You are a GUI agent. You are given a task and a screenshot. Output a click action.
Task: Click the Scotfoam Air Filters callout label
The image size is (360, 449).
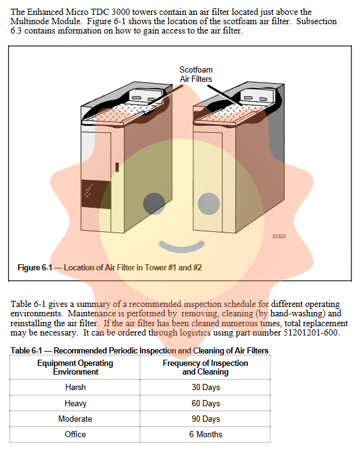tap(196, 74)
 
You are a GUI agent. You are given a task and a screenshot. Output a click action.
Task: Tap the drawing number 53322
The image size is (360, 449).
tap(279, 236)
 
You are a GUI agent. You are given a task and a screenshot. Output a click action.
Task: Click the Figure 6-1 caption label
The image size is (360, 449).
tap(110, 267)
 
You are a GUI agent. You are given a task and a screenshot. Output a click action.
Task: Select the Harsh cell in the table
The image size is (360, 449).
tap(75, 387)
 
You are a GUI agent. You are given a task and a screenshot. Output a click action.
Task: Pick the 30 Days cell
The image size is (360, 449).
tap(206, 387)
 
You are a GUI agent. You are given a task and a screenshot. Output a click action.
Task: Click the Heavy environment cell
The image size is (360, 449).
tap(75, 403)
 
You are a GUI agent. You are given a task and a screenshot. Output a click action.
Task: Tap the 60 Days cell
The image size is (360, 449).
tap(206, 403)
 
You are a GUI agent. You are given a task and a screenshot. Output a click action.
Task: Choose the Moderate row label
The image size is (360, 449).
tap(75, 419)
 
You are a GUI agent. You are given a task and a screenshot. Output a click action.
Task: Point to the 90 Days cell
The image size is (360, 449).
tap(206, 419)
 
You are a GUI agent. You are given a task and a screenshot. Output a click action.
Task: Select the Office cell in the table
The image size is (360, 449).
tap(75, 434)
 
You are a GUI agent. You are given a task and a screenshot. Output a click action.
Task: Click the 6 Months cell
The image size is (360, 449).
tap(206, 434)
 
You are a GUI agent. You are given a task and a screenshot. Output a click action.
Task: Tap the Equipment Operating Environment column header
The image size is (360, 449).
tap(75, 367)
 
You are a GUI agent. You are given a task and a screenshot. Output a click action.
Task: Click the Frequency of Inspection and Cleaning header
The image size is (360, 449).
tap(206, 367)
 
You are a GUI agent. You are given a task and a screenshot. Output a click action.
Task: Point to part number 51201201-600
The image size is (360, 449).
tap(310, 332)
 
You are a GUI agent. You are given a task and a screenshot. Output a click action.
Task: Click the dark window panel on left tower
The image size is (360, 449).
tap(96, 194)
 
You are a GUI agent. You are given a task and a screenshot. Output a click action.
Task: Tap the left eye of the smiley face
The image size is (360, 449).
tap(154, 203)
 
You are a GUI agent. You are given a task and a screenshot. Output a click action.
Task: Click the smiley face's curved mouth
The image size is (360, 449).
tap(182, 246)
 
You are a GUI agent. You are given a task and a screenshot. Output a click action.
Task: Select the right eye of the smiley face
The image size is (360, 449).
tap(209, 203)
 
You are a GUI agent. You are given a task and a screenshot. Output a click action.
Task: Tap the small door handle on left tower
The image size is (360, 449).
tap(117, 167)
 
